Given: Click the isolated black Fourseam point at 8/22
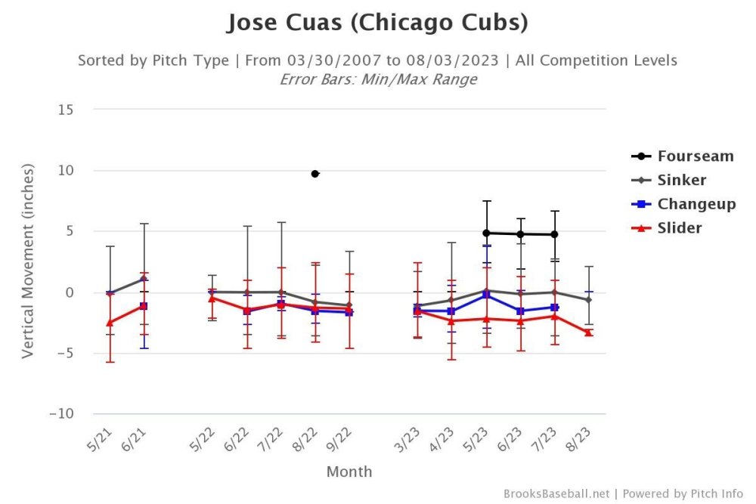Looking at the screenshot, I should click(315, 174).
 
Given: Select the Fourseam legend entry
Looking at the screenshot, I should click(695, 156).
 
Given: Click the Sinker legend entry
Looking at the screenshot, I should click(681, 180).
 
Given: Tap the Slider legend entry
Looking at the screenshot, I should click(679, 227).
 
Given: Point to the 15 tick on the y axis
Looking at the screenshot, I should click(65, 110).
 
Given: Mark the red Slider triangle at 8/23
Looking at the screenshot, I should click(588, 332).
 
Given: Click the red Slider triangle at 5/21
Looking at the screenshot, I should click(110, 323).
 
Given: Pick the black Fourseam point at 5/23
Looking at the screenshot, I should click(487, 233).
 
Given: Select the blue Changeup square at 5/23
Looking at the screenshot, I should click(487, 295).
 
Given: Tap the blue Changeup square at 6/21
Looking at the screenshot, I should click(144, 306).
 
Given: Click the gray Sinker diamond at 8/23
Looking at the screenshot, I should click(588, 300).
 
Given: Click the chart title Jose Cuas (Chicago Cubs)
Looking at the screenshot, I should click(377, 23).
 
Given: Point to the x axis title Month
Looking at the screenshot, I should click(349, 472).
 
